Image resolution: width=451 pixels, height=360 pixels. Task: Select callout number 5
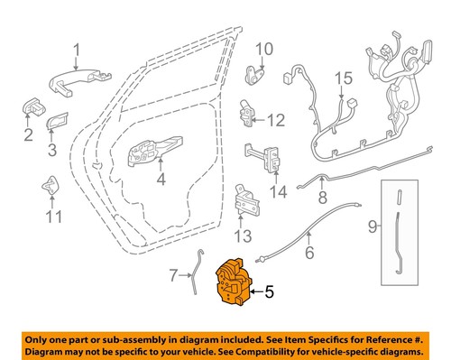click(270, 291)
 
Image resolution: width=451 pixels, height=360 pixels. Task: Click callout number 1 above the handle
click(77, 50)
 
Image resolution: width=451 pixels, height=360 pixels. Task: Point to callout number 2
click(28, 135)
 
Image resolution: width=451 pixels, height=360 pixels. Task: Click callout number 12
click(275, 119)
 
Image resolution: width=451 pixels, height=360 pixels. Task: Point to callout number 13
click(241, 236)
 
